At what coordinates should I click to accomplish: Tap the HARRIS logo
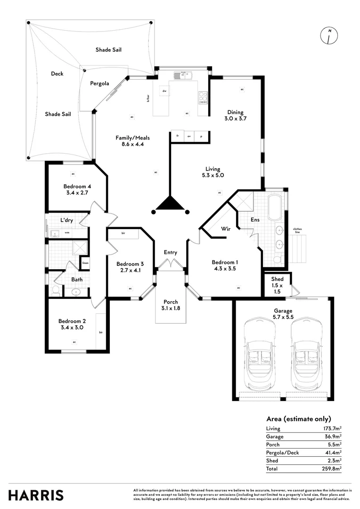point(36,495)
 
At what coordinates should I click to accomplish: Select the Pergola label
point(99,83)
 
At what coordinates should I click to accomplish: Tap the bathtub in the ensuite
point(274,207)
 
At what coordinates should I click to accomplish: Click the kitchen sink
point(181,75)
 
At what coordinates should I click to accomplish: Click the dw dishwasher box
point(164,90)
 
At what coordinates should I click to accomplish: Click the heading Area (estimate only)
point(299,419)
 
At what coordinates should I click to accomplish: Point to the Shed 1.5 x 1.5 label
point(277,282)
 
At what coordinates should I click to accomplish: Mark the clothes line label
point(297,230)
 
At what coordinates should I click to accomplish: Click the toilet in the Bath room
point(56,289)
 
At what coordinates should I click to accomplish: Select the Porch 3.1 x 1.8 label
point(170,305)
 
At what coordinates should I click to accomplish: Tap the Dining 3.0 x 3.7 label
point(235,115)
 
